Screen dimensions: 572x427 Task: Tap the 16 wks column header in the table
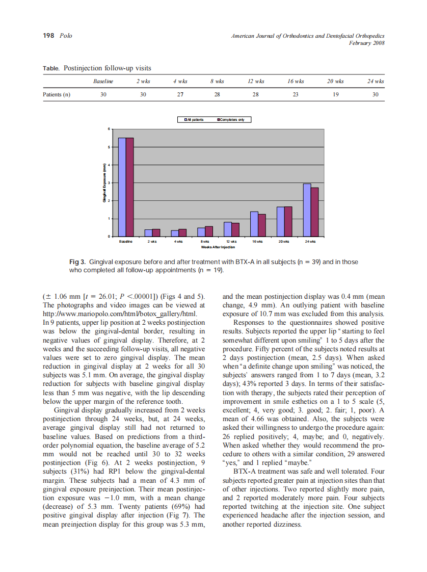[x=296, y=81]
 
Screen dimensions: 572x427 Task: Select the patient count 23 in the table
[x=296, y=94]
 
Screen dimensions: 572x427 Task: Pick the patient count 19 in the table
[x=335, y=94]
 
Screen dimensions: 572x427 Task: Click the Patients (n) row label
[x=56, y=94]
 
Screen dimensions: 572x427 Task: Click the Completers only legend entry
[x=230, y=120]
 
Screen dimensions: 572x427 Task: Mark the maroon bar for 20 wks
[x=288, y=222]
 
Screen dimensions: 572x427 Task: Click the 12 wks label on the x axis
[x=231, y=241]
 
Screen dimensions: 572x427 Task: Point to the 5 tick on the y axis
[x=108, y=147]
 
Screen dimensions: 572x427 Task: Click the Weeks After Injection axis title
[x=218, y=247]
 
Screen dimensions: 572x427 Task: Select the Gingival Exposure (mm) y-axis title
[x=103, y=183]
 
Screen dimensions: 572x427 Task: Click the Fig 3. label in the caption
[x=79, y=262]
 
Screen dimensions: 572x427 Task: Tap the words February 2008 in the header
[x=366, y=43]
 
